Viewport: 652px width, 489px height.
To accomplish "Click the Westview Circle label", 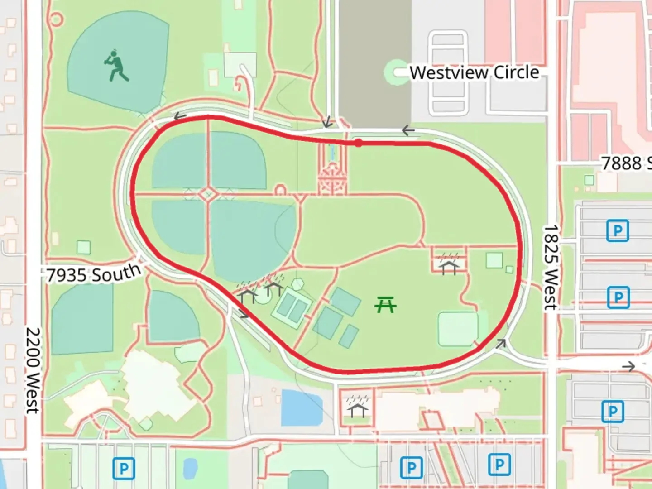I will (474, 72).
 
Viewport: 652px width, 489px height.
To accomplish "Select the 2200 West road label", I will (33, 370).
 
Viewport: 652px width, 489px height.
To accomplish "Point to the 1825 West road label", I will (551, 267).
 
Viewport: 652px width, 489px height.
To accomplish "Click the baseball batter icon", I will (117, 66).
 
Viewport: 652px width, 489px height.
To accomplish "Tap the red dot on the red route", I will (358, 143).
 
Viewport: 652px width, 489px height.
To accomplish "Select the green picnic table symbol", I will (385, 305).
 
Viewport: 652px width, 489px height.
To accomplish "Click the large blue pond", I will (302, 407).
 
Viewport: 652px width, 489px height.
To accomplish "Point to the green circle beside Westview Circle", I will (397, 72).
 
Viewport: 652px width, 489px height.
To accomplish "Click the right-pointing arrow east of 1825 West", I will (628, 366).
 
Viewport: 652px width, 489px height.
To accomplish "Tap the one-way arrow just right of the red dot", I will (408, 131).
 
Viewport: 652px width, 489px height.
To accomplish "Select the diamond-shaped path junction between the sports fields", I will (209, 195).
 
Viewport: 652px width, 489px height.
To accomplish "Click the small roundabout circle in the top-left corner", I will (55, 19).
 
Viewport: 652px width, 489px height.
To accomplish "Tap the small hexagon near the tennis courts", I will (297, 284).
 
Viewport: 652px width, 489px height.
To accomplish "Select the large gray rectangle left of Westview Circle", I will (375, 61).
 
